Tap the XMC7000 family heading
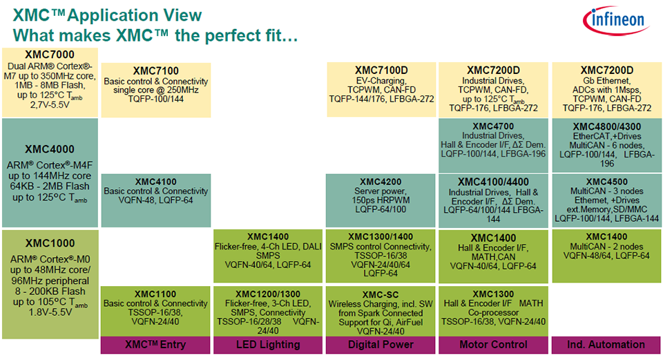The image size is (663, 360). point(50,55)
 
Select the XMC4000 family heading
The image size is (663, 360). point(50,149)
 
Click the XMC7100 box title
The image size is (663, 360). point(156,71)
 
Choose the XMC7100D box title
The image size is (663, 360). point(380,70)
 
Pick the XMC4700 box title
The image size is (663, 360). point(492,126)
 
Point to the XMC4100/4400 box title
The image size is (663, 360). point(492,182)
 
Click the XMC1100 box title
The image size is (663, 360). point(156,294)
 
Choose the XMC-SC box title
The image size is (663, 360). point(381,294)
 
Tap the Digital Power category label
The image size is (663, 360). point(380,344)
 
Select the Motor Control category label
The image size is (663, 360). point(492,344)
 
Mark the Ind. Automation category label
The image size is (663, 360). point(605,344)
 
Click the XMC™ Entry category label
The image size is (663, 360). point(155,344)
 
